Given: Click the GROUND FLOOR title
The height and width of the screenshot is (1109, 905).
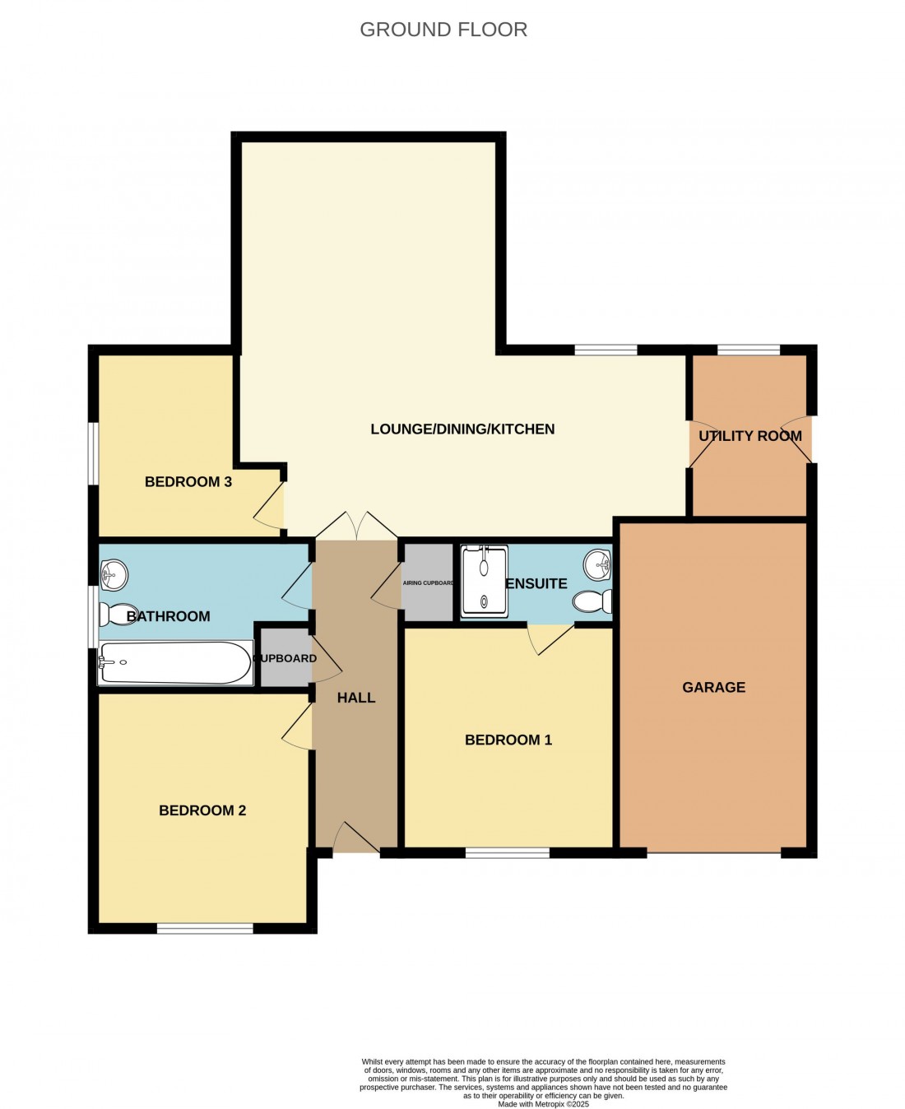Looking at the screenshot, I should click(443, 30).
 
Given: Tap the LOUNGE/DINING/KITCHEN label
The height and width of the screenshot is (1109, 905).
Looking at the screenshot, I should click(462, 429).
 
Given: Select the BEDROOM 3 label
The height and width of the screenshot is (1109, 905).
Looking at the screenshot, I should click(188, 482).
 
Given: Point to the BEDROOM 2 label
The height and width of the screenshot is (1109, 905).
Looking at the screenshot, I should click(202, 810).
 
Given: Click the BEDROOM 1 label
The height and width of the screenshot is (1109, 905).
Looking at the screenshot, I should click(508, 740).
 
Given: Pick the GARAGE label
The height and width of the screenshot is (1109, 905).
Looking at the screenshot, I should click(713, 687).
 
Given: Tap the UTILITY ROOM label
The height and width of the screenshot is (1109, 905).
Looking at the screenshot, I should click(750, 436).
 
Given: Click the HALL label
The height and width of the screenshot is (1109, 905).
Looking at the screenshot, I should click(356, 698).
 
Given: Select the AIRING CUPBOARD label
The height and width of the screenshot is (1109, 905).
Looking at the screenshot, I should click(428, 583).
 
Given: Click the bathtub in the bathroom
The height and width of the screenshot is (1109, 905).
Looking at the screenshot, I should click(174, 663).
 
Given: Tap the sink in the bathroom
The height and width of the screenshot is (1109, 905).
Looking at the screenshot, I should click(114, 574).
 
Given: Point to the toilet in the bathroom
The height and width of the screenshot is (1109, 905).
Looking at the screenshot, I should click(117, 614).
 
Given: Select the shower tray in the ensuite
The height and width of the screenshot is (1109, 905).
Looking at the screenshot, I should click(485, 579).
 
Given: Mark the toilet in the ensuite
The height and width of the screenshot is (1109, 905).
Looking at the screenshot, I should click(592, 601).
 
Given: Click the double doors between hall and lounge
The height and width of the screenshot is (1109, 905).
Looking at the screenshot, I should click(357, 527).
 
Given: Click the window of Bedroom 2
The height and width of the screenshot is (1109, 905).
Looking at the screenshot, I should click(205, 929).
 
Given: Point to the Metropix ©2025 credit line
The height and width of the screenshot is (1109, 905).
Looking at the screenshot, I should click(543, 1104).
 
